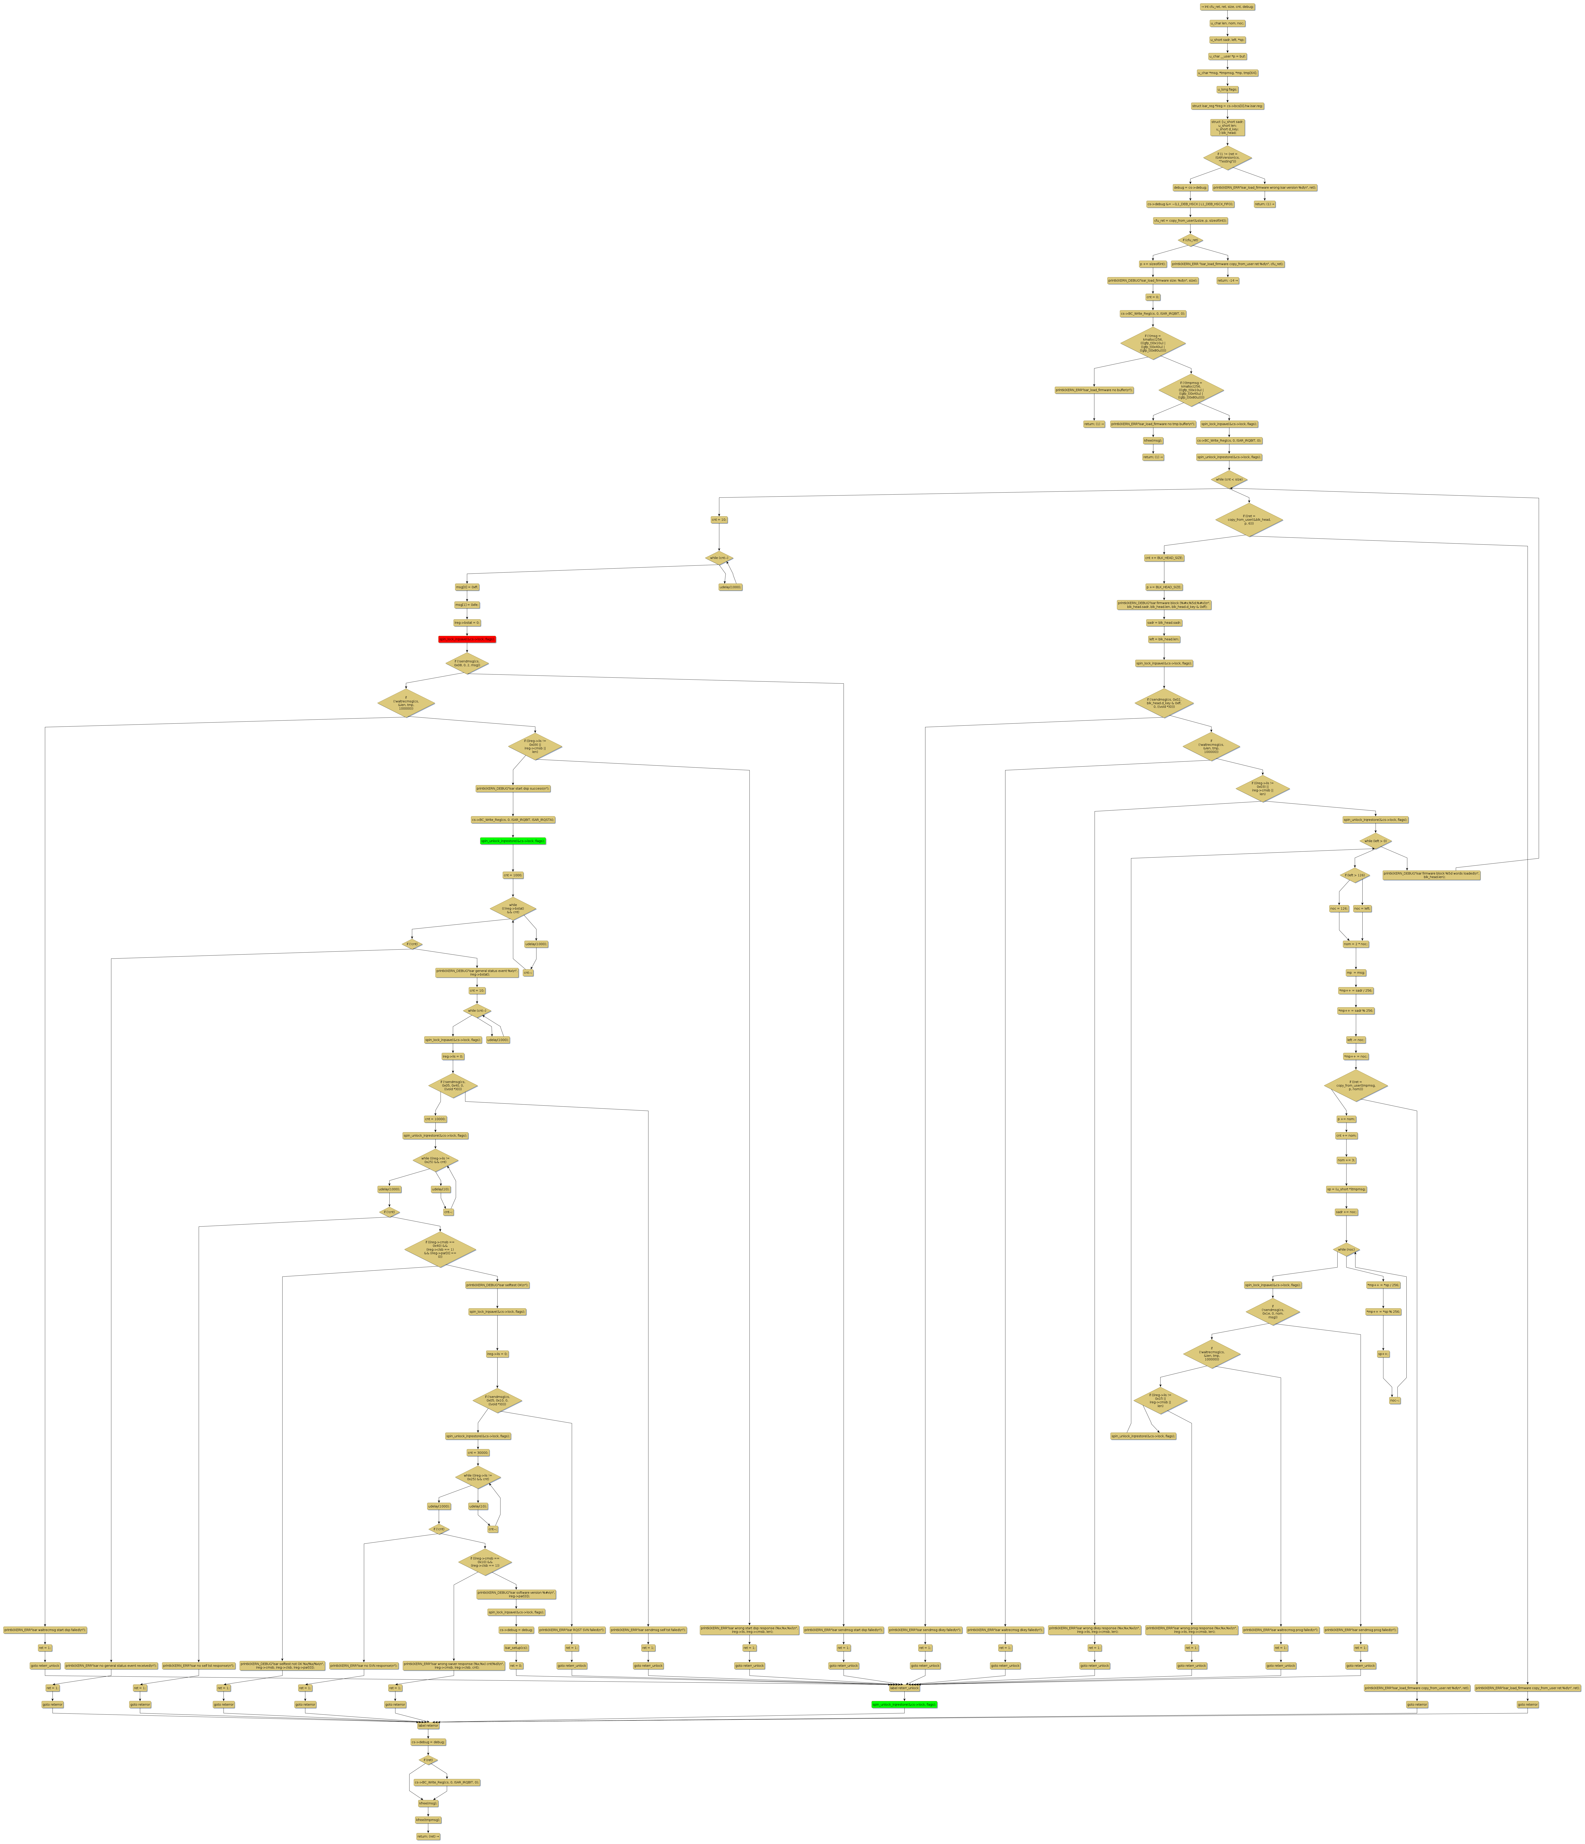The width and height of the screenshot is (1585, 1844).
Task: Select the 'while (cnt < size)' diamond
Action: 1228,479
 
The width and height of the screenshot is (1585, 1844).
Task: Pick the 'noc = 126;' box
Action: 1338,909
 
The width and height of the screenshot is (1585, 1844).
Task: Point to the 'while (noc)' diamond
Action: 1347,1250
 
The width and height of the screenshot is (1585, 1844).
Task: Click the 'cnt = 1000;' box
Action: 513,875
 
